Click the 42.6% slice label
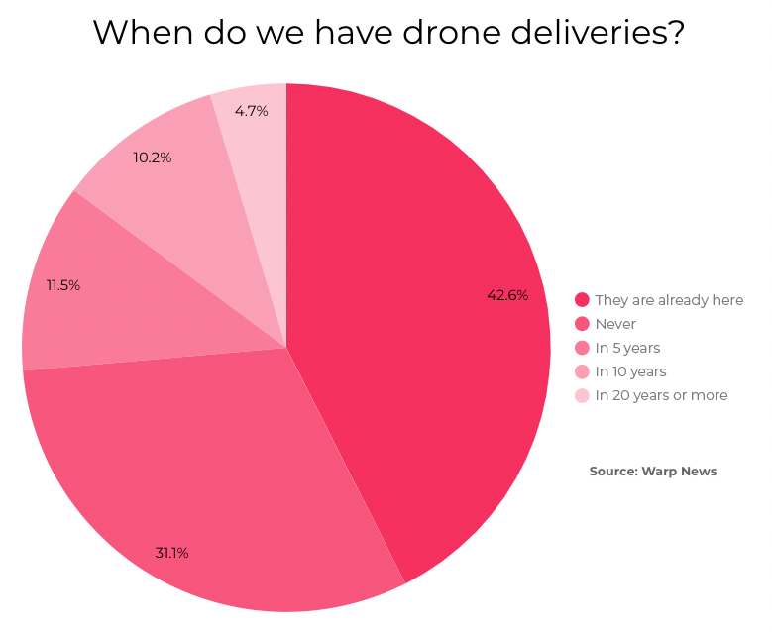pyautogui.click(x=506, y=295)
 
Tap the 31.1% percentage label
pyautogui.click(x=171, y=553)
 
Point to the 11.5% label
pyautogui.click(x=62, y=285)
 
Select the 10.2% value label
pyautogui.click(x=153, y=158)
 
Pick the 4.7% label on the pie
pyautogui.click(x=252, y=111)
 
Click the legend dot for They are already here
pyautogui.click(x=582, y=300)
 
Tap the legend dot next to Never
pyautogui.click(x=582, y=324)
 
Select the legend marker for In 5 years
pyautogui.click(x=582, y=348)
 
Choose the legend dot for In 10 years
pyautogui.click(x=582, y=371)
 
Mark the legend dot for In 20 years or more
pyautogui.click(x=582, y=395)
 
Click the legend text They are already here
pyautogui.click(x=669, y=300)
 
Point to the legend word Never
pyautogui.click(x=615, y=324)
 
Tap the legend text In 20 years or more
pyautogui.click(x=661, y=395)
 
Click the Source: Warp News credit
pyautogui.click(x=652, y=472)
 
